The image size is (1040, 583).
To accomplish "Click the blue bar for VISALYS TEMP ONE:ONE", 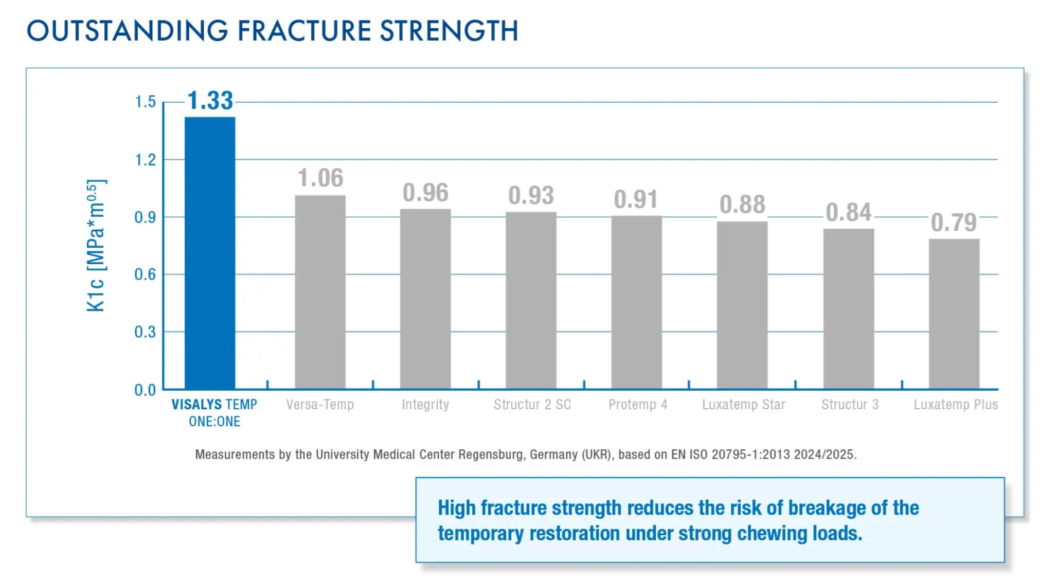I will click(x=210, y=252).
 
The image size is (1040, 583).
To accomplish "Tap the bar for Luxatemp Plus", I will click(x=954, y=314).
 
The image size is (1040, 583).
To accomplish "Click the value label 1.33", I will click(x=210, y=101).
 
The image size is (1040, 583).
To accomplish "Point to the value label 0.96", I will click(x=425, y=193).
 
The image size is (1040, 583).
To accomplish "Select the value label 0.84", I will click(x=848, y=212).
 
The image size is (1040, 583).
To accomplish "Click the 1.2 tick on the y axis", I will click(x=145, y=160).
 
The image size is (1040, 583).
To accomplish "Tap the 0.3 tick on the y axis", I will click(x=145, y=332).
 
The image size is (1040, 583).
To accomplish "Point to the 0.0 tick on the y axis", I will click(x=145, y=390).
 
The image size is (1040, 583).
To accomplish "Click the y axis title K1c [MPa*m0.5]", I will click(x=96, y=246).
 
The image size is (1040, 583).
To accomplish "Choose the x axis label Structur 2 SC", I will click(x=532, y=405).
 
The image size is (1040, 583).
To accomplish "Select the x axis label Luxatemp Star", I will click(x=743, y=405).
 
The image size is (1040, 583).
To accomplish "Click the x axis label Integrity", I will click(x=425, y=405).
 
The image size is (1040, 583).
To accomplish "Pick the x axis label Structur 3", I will click(x=850, y=405).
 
